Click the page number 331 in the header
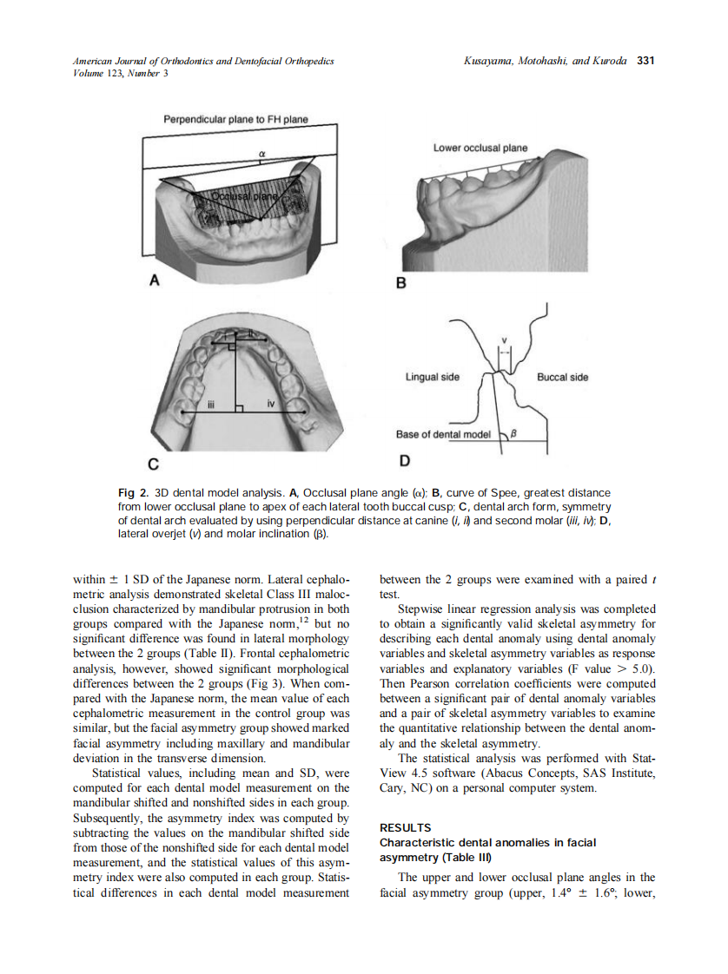(x=645, y=61)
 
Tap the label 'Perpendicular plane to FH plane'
(x=235, y=120)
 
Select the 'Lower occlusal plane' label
(x=480, y=148)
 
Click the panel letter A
(x=155, y=280)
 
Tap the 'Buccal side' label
(x=562, y=377)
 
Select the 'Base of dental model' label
(x=442, y=434)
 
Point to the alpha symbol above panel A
(x=261, y=154)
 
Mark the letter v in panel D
(x=504, y=339)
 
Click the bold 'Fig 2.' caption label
(x=133, y=493)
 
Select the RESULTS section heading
(x=406, y=827)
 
